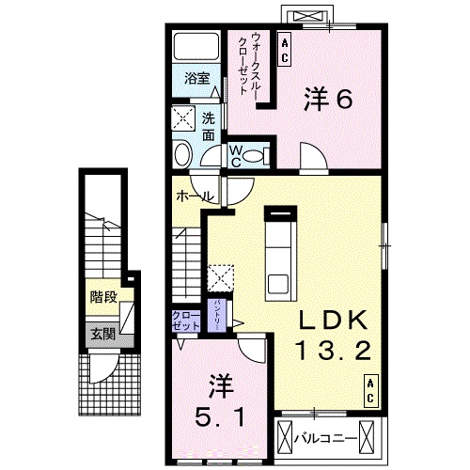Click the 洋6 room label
point(326,100)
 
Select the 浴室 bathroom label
point(196,80)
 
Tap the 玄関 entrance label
point(103,333)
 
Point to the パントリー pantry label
point(216,311)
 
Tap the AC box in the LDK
point(371,391)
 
